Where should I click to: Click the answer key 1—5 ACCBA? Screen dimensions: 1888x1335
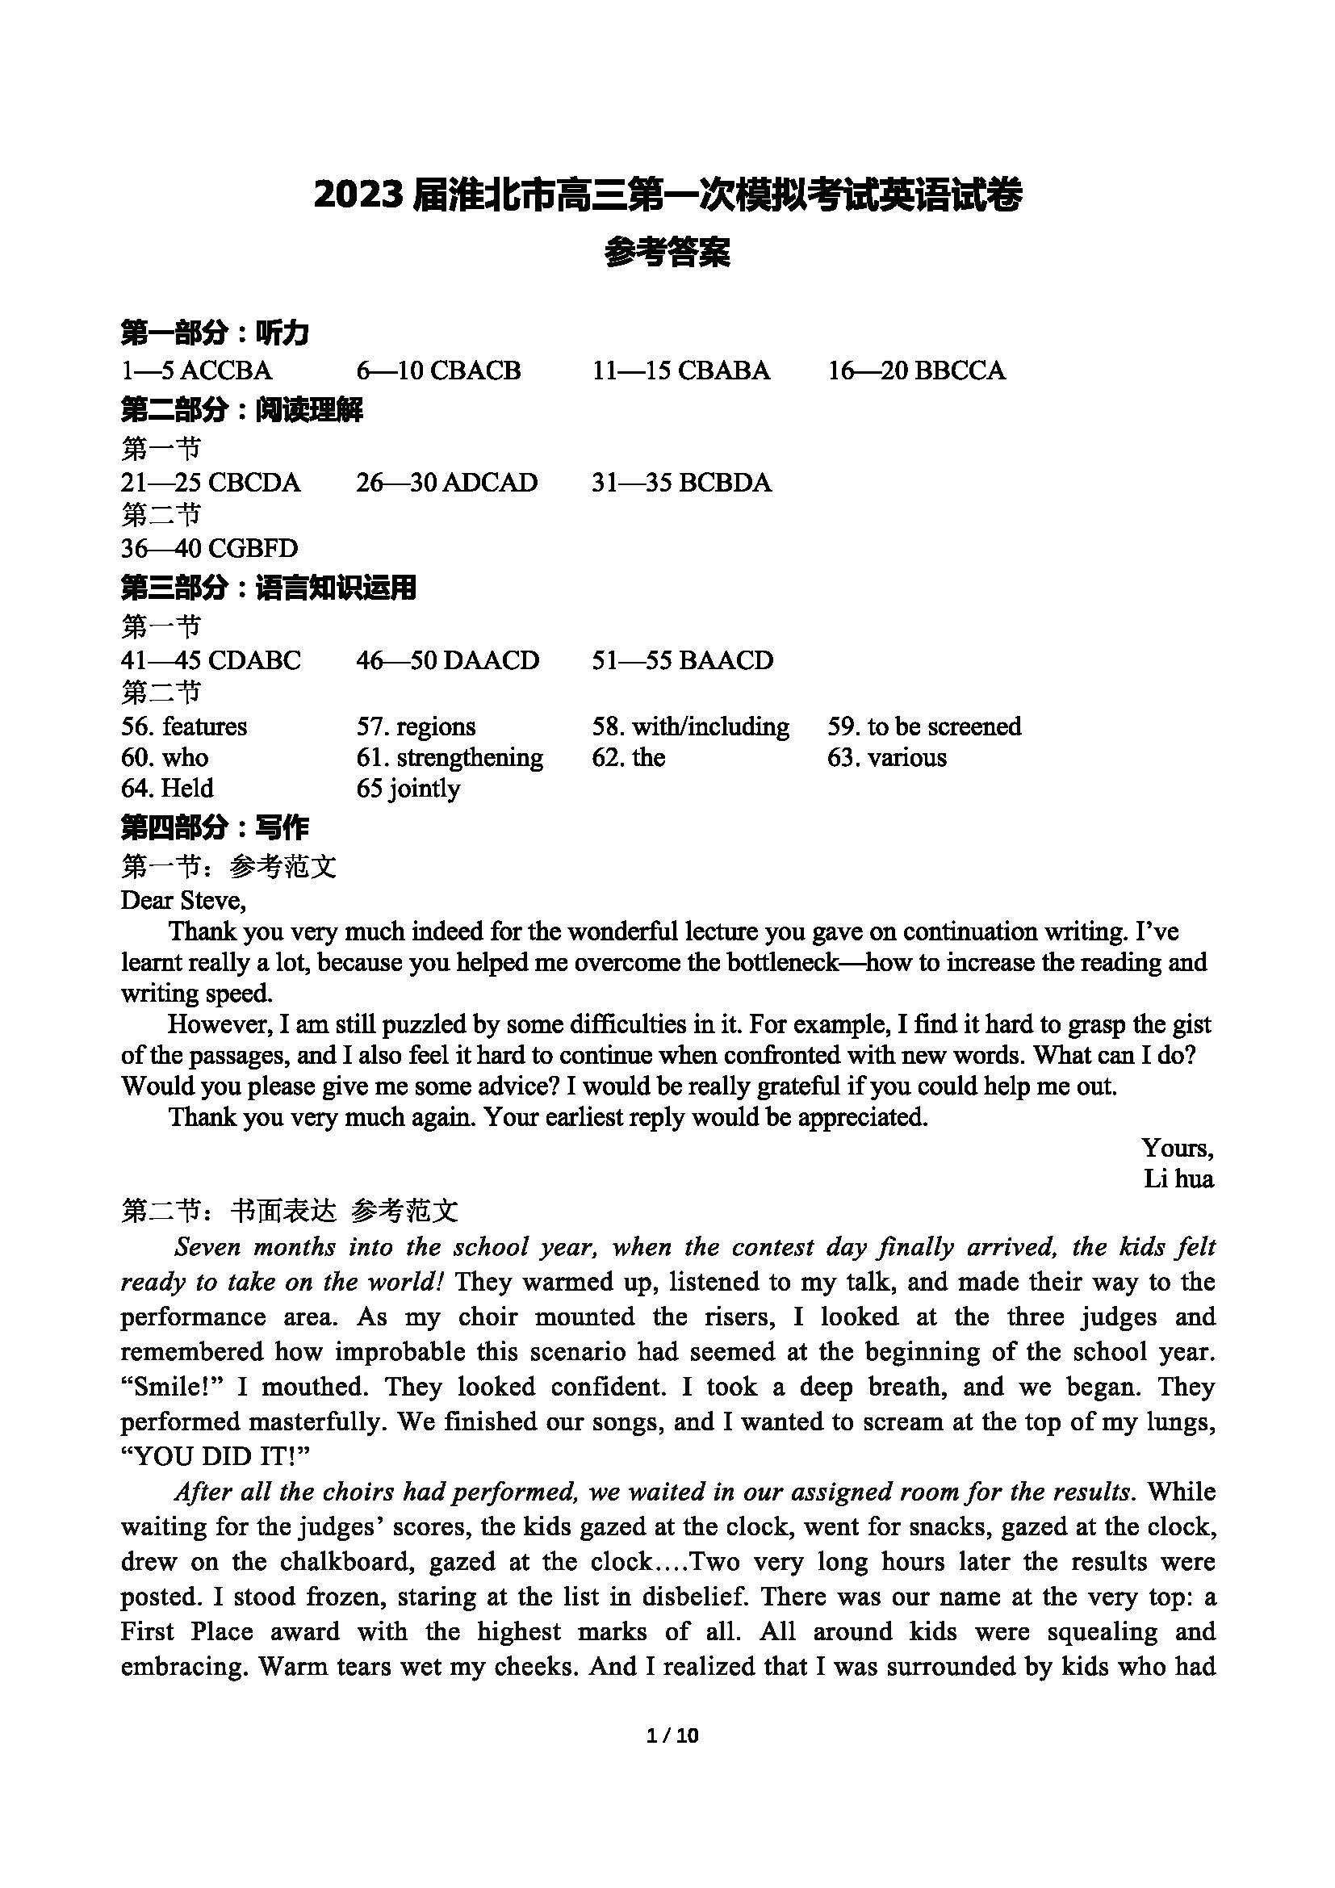coord(196,370)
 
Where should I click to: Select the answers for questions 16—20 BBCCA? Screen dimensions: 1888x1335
coord(916,370)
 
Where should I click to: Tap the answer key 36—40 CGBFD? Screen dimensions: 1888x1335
coord(209,548)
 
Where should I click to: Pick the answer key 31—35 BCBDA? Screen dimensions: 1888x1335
coord(681,483)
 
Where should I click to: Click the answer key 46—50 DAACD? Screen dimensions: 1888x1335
coord(447,660)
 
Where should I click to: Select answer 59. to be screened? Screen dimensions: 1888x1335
coord(924,727)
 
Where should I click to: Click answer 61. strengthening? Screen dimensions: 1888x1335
coord(450,757)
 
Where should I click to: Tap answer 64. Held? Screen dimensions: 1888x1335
coord(167,789)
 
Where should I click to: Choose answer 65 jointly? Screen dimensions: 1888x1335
coord(408,789)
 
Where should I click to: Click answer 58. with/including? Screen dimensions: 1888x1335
coord(691,727)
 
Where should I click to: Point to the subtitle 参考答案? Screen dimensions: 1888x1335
coord(667,253)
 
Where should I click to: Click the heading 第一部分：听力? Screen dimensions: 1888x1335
coord(215,334)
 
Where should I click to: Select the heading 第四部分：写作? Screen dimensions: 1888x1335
coord(215,828)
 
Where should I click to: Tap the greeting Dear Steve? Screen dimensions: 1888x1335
coord(183,902)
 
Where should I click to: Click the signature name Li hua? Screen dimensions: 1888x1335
coord(1178,1180)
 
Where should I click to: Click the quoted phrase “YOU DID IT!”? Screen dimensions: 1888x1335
coord(215,1458)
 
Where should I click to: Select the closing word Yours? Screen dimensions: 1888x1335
coord(1177,1149)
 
